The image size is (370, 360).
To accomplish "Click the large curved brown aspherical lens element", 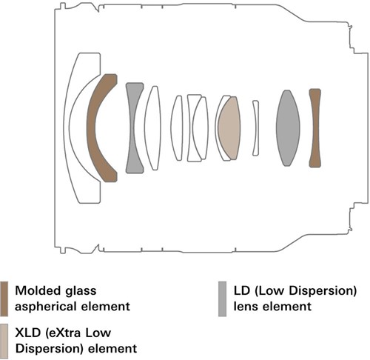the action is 91,128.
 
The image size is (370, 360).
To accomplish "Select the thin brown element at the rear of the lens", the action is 314,128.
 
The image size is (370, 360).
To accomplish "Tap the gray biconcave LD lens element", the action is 131,128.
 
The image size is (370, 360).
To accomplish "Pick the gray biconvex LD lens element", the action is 288,128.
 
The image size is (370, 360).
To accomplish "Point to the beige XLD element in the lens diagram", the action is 229,128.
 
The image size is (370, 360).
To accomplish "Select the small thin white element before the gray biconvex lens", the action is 256,128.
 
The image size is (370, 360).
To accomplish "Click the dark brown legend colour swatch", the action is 4,299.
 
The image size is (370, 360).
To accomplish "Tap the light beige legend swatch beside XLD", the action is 4,341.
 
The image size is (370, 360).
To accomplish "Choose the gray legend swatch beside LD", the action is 222,299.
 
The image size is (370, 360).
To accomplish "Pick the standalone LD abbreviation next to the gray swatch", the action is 241,290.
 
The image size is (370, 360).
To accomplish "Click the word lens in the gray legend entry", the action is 245,307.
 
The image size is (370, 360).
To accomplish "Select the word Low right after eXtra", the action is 98,333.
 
